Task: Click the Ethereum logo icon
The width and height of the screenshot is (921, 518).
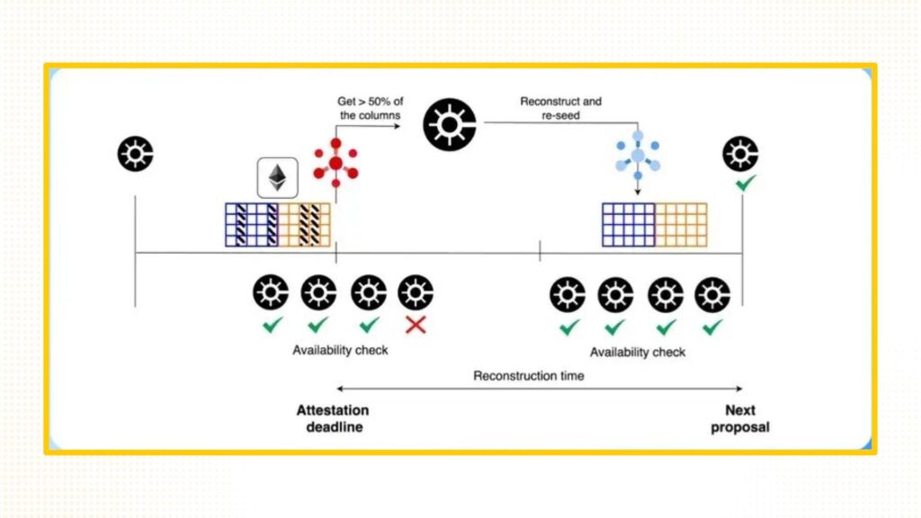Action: [x=278, y=177]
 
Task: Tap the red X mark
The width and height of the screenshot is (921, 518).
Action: [x=416, y=325]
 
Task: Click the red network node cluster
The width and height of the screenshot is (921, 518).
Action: [x=335, y=163]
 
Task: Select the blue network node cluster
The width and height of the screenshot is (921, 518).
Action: [x=637, y=155]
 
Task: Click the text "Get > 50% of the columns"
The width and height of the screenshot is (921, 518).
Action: [x=370, y=108]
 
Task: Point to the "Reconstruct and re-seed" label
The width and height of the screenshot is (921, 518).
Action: [x=560, y=108]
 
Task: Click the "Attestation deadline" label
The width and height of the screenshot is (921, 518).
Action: [x=333, y=418]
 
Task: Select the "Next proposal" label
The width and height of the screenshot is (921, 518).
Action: [x=740, y=418]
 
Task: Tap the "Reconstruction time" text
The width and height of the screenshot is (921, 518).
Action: [x=528, y=375]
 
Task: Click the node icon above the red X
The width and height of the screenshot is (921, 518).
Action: [x=416, y=292]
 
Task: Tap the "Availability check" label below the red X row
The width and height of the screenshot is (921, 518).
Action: [x=340, y=350]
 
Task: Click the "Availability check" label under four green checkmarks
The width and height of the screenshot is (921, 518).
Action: [x=637, y=352]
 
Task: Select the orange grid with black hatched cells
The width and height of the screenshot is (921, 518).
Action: [x=305, y=225]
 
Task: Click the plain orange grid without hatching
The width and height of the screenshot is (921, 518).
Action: [x=681, y=225]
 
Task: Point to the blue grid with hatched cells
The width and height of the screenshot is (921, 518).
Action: [x=251, y=225]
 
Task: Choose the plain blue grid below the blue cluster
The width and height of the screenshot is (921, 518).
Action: [x=628, y=225]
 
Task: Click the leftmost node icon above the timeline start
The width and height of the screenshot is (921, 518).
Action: [x=135, y=154]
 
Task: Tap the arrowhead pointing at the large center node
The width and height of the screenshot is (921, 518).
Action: [x=398, y=126]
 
